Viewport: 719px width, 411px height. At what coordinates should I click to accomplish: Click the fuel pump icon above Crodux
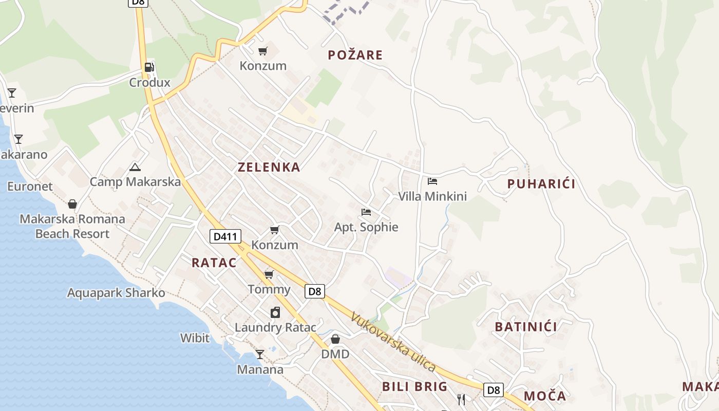pos(149,67)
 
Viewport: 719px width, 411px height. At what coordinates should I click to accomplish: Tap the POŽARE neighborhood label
pos(355,55)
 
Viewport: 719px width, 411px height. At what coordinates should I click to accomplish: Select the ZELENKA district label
pos(269,167)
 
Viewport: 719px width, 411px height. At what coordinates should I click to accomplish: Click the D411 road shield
pos(225,237)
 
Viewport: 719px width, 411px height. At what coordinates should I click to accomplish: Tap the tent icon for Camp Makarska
pos(135,167)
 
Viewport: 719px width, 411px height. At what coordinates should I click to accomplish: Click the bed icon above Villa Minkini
pos(432,181)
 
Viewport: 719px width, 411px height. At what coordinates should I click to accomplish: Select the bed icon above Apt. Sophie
pos(366,212)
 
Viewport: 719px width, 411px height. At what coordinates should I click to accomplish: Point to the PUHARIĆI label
pos(541,184)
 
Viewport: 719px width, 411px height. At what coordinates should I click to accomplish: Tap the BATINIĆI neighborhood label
pos(526,327)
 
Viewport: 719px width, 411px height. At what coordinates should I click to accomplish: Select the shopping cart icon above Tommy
pos(269,274)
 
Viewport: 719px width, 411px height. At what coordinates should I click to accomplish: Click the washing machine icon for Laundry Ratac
pos(275,312)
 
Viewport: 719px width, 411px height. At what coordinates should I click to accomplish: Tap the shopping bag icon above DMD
pos(335,339)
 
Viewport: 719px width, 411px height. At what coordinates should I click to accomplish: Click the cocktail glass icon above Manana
pos(260,354)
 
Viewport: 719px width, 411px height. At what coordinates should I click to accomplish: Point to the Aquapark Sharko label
pos(116,293)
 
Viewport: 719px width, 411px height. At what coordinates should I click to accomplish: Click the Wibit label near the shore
pos(195,338)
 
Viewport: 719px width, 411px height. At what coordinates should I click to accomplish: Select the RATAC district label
pos(214,263)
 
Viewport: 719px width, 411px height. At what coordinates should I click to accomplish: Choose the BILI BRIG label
pos(414,387)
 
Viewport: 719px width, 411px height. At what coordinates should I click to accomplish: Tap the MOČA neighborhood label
pos(545,396)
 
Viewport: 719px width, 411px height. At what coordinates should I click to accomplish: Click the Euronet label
pos(30,186)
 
